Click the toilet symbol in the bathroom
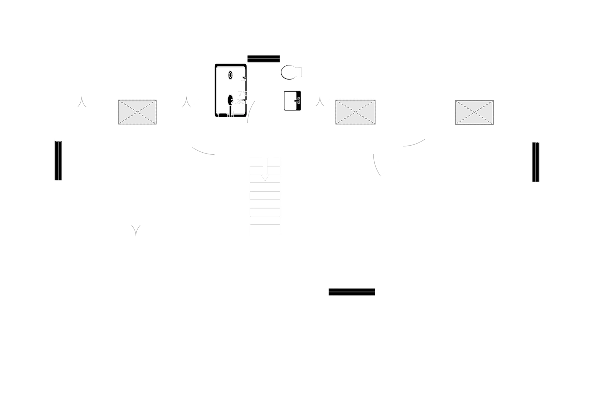point(291,72)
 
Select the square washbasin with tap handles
point(292,101)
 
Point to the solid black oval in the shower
point(231,100)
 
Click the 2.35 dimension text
point(238,102)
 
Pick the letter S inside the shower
point(243,79)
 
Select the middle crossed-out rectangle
point(355,112)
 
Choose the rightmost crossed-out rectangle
point(474,112)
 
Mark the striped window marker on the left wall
point(58,161)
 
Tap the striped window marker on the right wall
point(535,162)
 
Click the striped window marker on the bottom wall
point(352,292)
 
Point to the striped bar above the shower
point(264,58)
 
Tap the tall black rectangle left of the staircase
point(228,213)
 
